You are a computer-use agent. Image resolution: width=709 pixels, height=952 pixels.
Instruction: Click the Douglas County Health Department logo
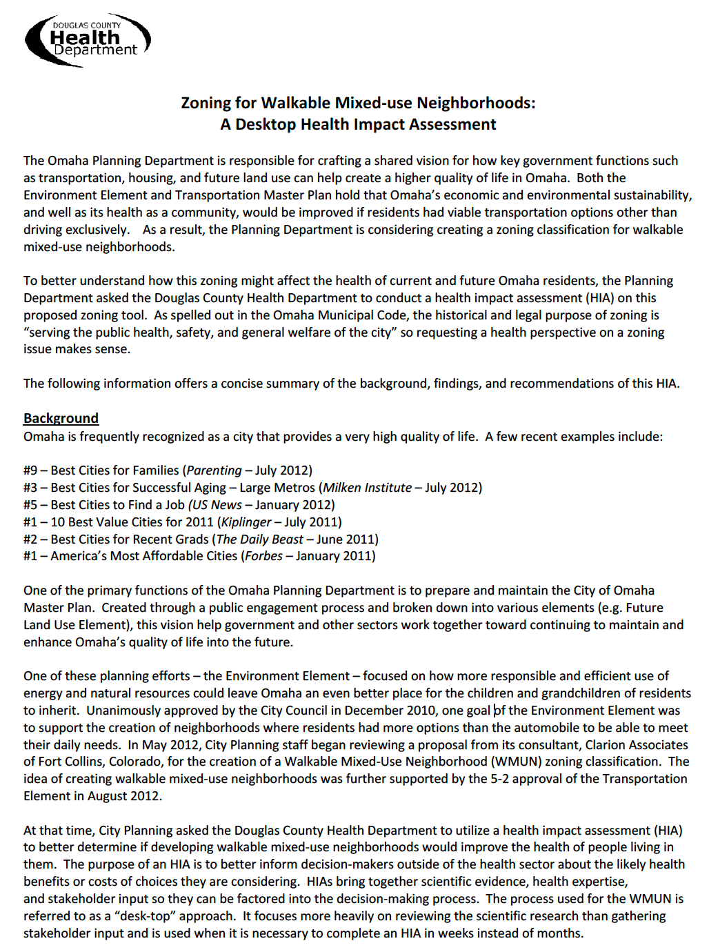pyautogui.click(x=88, y=39)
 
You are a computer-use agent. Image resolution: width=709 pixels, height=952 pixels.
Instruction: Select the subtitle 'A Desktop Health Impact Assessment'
pyautogui.click(x=358, y=124)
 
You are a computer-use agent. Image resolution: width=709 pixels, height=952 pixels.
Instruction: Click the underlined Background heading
pyautogui.click(x=61, y=418)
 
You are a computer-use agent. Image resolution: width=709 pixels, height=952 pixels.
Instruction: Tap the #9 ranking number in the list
pyautogui.click(x=30, y=470)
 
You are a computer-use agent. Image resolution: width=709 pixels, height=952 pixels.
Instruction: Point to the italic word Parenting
pyautogui.click(x=214, y=470)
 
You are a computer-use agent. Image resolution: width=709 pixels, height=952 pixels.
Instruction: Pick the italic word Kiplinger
pyautogui.click(x=246, y=522)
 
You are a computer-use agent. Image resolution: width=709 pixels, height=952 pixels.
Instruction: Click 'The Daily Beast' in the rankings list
pyautogui.click(x=260, y=539)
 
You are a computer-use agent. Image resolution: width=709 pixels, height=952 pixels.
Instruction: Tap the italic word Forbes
pyautogui.click(x=263, y=556)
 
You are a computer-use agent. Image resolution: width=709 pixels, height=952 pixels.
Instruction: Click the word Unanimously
pyautogui.click(x=126, y=711)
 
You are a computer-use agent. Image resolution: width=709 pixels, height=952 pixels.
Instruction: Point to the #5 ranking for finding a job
pyautogui.click(x=30, y=505)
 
